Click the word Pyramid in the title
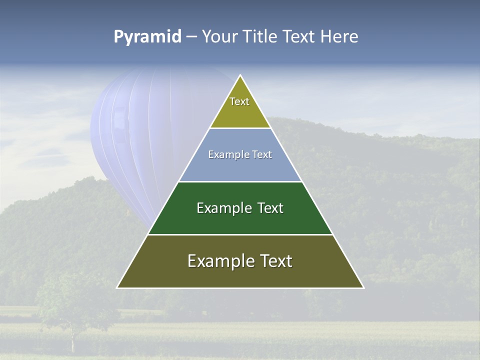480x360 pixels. pos(147,37)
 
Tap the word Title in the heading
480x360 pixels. pos(260,37)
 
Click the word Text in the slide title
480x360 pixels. pos(299,37)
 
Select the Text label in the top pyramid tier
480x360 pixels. pos(239,101)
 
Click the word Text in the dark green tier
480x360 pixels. pos(270,208)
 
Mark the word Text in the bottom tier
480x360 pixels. pos(275,261)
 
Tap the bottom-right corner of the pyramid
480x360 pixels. pos(363,287)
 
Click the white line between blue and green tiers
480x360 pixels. pos(240,181)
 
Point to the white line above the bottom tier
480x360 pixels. pos(240,234)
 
